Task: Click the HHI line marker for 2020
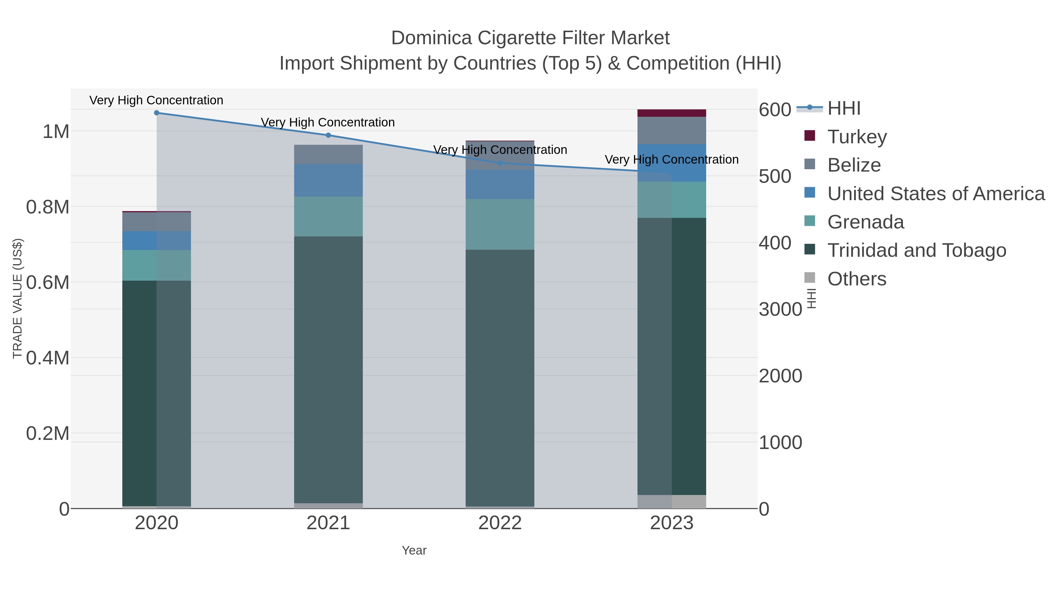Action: click(x=156, y=113)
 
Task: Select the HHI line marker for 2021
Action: click(x=328, y=135)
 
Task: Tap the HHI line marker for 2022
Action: click(x=500, y=163)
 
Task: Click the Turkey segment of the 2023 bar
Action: click(x=672, y=113)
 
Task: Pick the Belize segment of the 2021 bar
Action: click(x=328, y=154)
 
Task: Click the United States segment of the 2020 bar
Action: click(x=156, y=241)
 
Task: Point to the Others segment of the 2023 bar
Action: click(x=672, y=501)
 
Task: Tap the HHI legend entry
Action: click(x=843, y=108)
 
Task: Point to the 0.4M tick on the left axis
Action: click(x=47, y=358)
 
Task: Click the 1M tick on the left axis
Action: click(x=56, y=132)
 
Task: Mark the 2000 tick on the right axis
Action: click(x=780, y=376)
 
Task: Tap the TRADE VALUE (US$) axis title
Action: click(x=17, y=298)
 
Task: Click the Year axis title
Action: click(x=414, y=550)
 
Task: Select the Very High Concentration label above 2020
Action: click(x=156, y=100)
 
